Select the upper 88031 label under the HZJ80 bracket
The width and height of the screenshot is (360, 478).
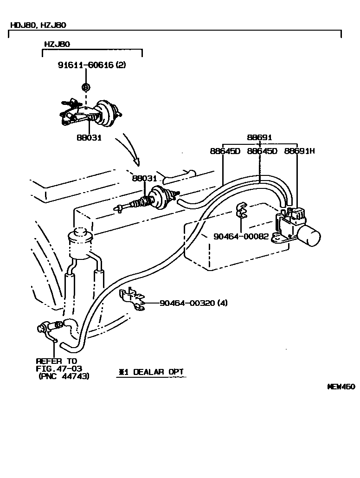tap(90, 138)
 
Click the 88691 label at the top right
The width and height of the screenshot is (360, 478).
tap(259, 137)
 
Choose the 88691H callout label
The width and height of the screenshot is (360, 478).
tap(300, 151)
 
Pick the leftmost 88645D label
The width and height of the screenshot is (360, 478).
tap(225, 151)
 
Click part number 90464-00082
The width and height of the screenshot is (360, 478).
tap(241, 236)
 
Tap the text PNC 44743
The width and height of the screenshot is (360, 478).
tap(64, 376)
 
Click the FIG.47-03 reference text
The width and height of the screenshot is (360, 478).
tap(57, 368)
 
